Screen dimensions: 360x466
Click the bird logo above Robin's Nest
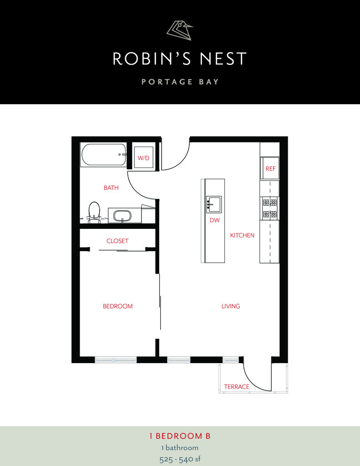click(179, 30)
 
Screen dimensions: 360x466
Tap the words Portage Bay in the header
click(180, 82)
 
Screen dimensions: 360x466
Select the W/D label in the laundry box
click(143, 158)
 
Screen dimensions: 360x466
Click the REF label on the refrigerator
click(270, 168)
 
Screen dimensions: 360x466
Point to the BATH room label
click(111, 187)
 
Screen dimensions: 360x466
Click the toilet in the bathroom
click(94, 212)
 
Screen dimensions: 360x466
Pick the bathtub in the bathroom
click(103, 155)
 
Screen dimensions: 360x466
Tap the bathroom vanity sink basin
click(122, 215)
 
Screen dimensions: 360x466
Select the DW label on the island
click(214, 220)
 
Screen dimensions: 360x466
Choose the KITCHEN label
click(242, 235)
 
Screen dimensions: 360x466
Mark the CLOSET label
click(117, 241)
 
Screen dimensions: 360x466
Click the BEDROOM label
click(117, 306)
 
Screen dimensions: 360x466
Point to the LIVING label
click(231, 306)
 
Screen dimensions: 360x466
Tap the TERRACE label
click(236, 387)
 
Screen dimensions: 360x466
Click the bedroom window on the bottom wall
click(116, 360)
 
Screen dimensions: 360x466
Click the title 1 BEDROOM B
click(180, 436)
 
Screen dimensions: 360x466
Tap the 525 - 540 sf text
click(180, 459)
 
